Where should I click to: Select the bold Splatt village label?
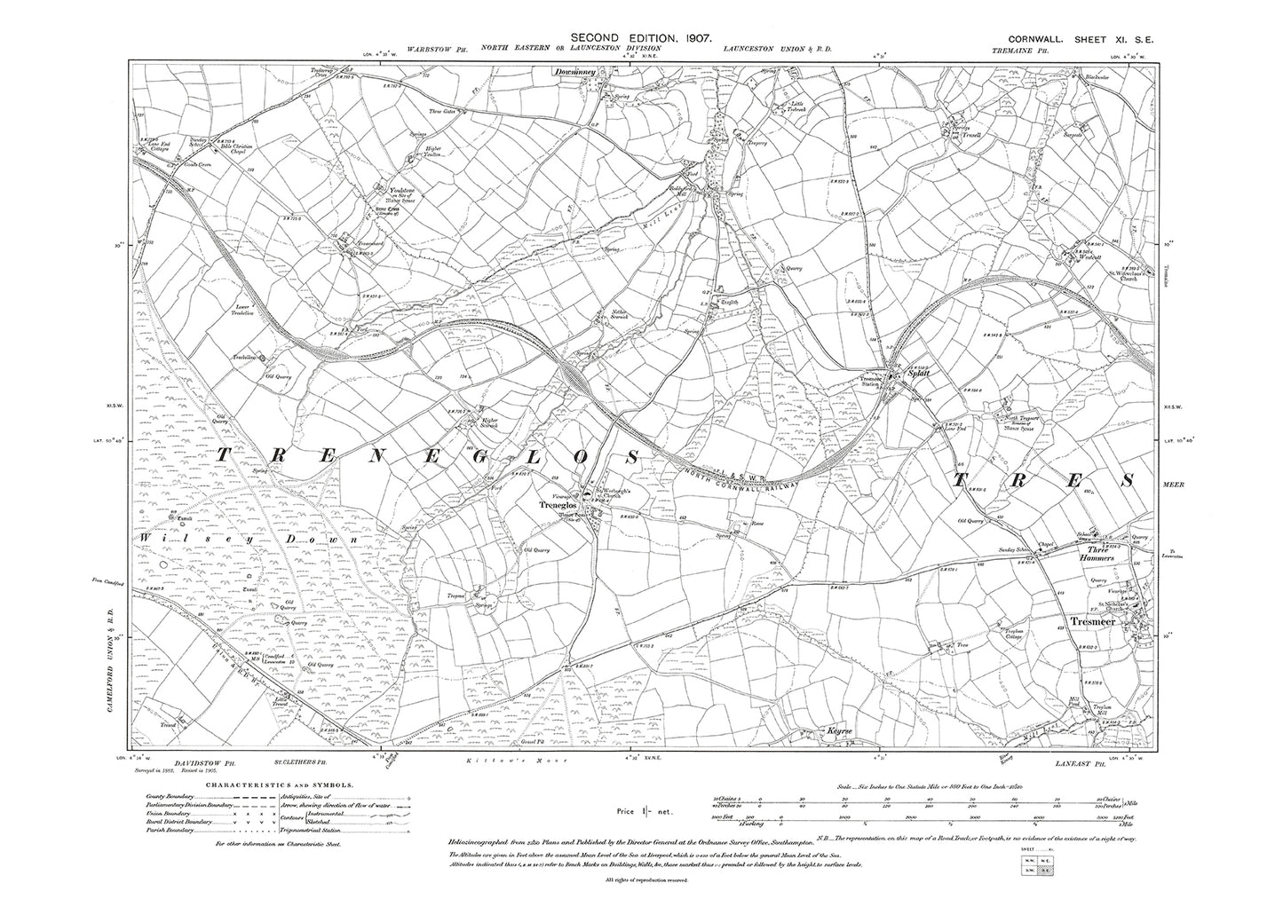coord(904,375)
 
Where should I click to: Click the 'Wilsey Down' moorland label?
coord(249,539)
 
